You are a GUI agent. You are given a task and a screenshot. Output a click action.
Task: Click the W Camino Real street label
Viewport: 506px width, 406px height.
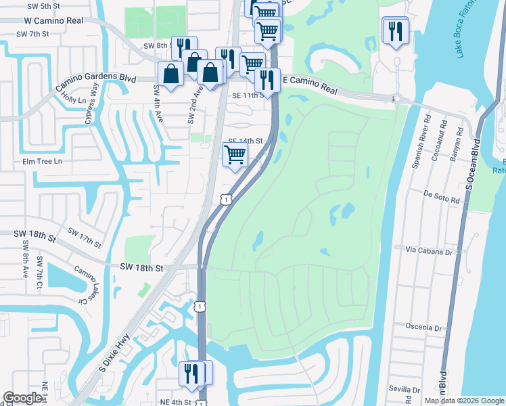pyautogui.click(x=51, y=21)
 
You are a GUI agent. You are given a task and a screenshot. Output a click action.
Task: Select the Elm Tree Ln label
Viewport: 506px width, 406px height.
pyautogui.click(x=42, y=162)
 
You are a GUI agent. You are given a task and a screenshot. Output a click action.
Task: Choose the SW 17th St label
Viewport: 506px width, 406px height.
pyautogui.click(x=84, y=238)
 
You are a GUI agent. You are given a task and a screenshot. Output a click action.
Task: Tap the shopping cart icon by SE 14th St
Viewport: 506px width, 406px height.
pyautogui.click(x=235, y=154)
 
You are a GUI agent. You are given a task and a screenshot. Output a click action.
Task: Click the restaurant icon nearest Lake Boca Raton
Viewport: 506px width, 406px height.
pyautogui.click(x=394, y=30)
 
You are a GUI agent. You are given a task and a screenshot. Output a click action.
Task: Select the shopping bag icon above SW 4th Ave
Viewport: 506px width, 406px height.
pyautogui.click(x=170, y=73)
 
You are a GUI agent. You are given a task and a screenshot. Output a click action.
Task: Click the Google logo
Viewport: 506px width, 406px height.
pyautogui.click(x=22, y=398)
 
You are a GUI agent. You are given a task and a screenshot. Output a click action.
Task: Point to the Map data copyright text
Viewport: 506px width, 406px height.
pyautogui.click(x=464, y=401)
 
